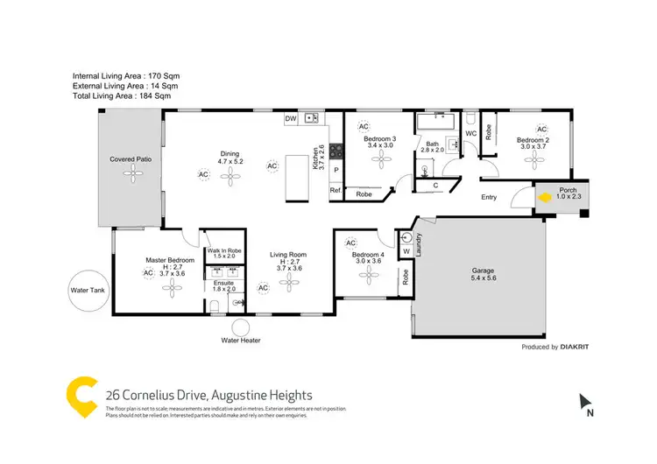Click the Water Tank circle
click(x=88, y=290)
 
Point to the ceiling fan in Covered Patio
click(x=132, y=174)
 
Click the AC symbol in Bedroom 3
click(x=364, y=126)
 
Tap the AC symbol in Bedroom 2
click(x=541, y=128)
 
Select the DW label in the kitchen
click(x=290, y=118)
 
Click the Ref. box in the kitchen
click(x=335, y=191)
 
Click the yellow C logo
click(x=80, y=395)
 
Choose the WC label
click(x=470, y=133)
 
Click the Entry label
click(x=489, y=197)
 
